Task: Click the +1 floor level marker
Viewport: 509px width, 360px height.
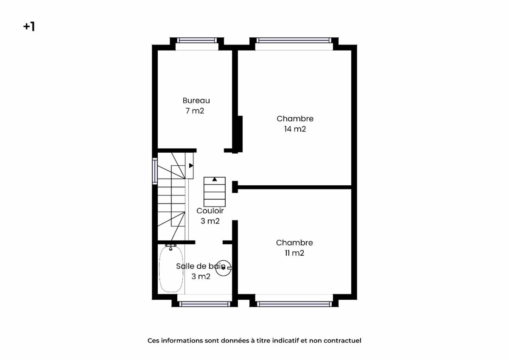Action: (29, 27)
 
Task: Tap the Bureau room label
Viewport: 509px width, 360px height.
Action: (196, 100)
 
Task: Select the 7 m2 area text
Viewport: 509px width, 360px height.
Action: (195, 111)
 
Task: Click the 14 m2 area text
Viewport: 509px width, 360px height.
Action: (295, 129)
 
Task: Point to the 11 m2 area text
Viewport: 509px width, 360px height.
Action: (294, 253)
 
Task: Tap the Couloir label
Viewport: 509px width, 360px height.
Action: (210, 211)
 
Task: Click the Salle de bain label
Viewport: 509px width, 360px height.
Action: (201, 266)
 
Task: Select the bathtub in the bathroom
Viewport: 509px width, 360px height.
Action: (171, 269)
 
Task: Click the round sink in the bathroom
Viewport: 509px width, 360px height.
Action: (224, 268)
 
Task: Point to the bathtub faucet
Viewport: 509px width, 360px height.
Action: (171, 247)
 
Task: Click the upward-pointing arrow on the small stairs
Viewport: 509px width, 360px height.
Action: (215, 179)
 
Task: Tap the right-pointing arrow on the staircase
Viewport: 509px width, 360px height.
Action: (191, 165)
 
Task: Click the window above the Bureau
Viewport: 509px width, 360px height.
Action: (197, 41)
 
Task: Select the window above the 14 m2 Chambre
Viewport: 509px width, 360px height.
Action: (294, 41)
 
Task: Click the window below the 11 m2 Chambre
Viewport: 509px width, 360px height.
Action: (294, 304)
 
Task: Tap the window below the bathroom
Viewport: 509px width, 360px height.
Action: (204, 304)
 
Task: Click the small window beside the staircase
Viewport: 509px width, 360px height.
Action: (155, 171)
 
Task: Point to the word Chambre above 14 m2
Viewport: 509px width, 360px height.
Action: (295, 119)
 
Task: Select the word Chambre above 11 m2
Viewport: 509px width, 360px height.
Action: (294, 243)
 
